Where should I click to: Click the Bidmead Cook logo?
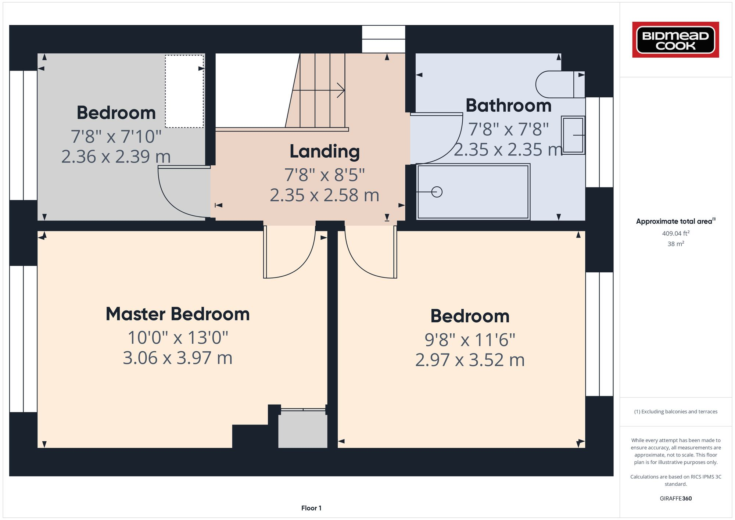tap(675, 40)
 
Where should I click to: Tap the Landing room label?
tap(325, 151)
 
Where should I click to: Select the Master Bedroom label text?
tap(178, 314)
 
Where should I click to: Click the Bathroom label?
tap(508, 106)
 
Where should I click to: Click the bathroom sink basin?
tap(573, 135)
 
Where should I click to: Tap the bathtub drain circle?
tap(437, 192)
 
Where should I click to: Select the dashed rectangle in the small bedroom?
tap(184, 91)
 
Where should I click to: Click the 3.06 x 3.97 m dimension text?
tap(178, 358)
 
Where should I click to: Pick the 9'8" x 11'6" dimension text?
tap(470, 340)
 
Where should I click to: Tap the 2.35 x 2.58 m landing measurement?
tap(325, 195)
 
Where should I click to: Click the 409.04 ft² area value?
tap(675, 233)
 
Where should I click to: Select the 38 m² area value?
tap(675, 244)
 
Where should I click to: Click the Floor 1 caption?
tap(311, 508)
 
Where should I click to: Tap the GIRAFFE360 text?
tap(675, 499)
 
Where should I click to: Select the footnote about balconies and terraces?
tap(675, 412)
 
